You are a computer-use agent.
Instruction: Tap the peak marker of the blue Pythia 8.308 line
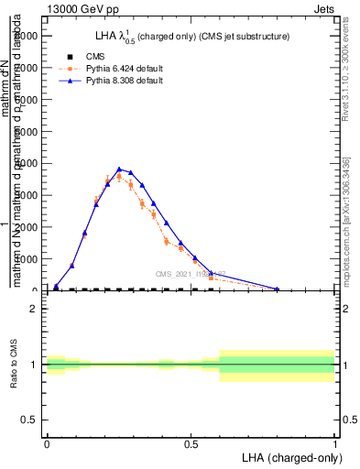tap(119, 169)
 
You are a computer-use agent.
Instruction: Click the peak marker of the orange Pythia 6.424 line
tap(119, 177)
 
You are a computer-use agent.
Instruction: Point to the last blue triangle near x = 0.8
tap(277, 289)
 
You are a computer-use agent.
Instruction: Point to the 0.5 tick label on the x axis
tap(191, 443)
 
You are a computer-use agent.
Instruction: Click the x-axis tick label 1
tap(334, 443)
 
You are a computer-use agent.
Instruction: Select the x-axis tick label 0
tap(47, 443)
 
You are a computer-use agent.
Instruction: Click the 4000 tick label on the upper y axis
tap(25, 163)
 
